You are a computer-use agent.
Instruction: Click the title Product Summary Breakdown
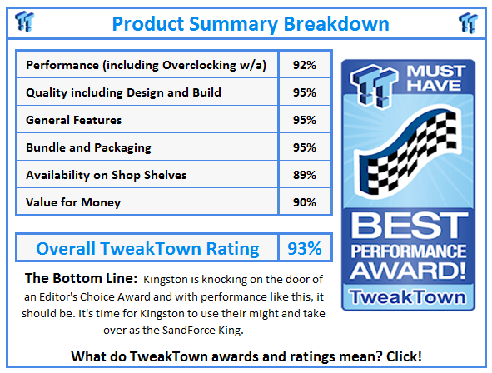pos(250,22)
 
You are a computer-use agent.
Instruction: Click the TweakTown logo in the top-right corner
pos(469,22)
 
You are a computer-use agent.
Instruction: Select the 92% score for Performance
pos(304,65)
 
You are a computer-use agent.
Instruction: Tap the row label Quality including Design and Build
pos(123,92)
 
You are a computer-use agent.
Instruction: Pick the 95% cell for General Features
pos(304,120)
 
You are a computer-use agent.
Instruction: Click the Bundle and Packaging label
pos(88,147)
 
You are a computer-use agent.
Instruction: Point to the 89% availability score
pos(304,175)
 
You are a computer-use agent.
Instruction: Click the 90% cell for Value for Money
pos(304,202)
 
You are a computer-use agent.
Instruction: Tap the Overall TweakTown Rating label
pos(147,248)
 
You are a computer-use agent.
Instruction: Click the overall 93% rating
pos(304,248)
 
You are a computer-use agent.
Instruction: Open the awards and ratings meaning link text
pos(246,356)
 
